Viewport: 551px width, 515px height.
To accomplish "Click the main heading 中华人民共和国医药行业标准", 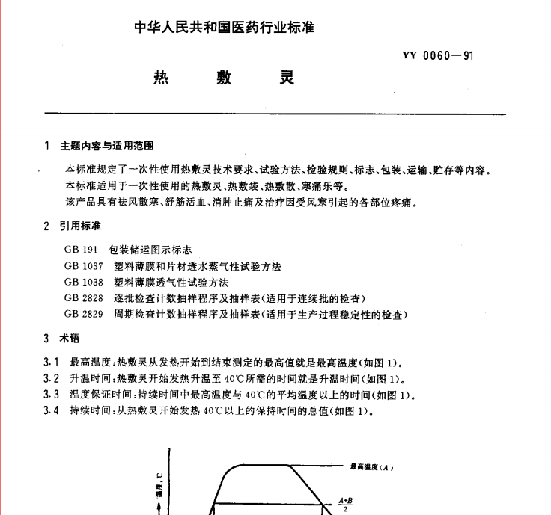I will tap(224, 28).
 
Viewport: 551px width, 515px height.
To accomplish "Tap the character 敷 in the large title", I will tap(223, 78).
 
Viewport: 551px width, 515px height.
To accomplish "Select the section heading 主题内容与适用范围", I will tap(109, 146).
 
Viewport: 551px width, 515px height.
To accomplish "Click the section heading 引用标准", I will tap(81, 226).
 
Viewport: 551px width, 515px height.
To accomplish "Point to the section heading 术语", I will tap(70, 338).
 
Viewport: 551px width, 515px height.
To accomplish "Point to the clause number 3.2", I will tap(52, 378).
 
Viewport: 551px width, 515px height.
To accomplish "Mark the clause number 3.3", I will tap(52, 395).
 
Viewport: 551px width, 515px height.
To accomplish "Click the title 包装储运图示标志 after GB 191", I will tap(150, 250).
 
